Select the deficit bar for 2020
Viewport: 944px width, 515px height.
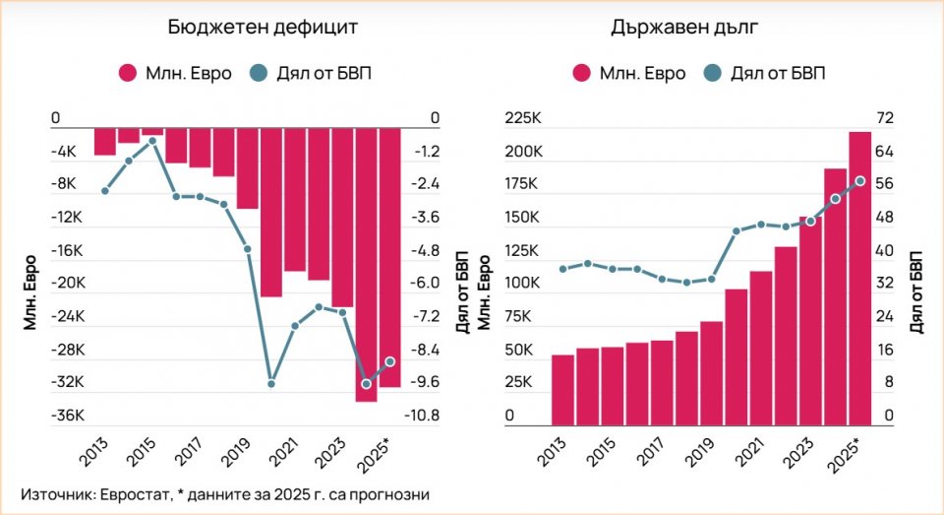(271, 212)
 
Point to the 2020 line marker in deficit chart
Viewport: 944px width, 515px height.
(271, 383)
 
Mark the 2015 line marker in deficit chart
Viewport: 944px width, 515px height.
(152, 141)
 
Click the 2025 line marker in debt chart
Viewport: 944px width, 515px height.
(860, 181)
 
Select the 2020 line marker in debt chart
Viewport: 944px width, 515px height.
(737, 231)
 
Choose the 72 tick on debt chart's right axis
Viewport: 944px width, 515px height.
(884, 118)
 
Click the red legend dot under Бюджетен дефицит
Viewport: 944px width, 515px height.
(127, 73)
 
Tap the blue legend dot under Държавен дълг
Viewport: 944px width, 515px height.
(712, 73)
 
